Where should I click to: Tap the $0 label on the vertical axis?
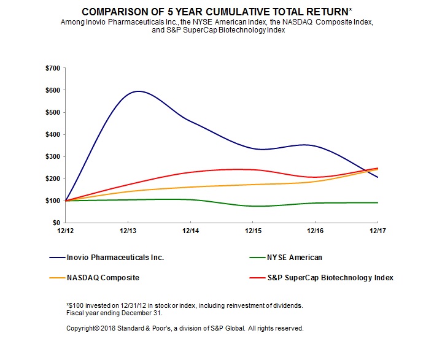[55, 223]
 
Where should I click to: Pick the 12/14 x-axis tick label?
[190, 231]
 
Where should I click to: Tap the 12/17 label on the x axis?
[378, 231]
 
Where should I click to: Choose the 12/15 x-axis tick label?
[253, 231]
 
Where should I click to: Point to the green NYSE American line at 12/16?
[315, 203]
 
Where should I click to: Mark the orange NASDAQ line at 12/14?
[190, 187]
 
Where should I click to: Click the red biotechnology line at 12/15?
[253, 170]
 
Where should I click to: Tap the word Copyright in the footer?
[83, 328]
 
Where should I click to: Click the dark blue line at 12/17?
[377, 177]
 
